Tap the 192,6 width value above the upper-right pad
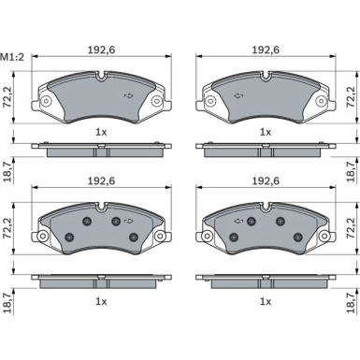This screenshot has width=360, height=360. (266, 50)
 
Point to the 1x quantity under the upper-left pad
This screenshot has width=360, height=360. (101, 132)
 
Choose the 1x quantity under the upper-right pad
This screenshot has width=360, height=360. (266, 132)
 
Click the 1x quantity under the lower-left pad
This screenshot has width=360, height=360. (101, 301)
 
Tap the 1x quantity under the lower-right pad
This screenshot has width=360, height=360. (266, 301)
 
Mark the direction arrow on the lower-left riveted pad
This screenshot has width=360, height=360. (129, 221)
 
